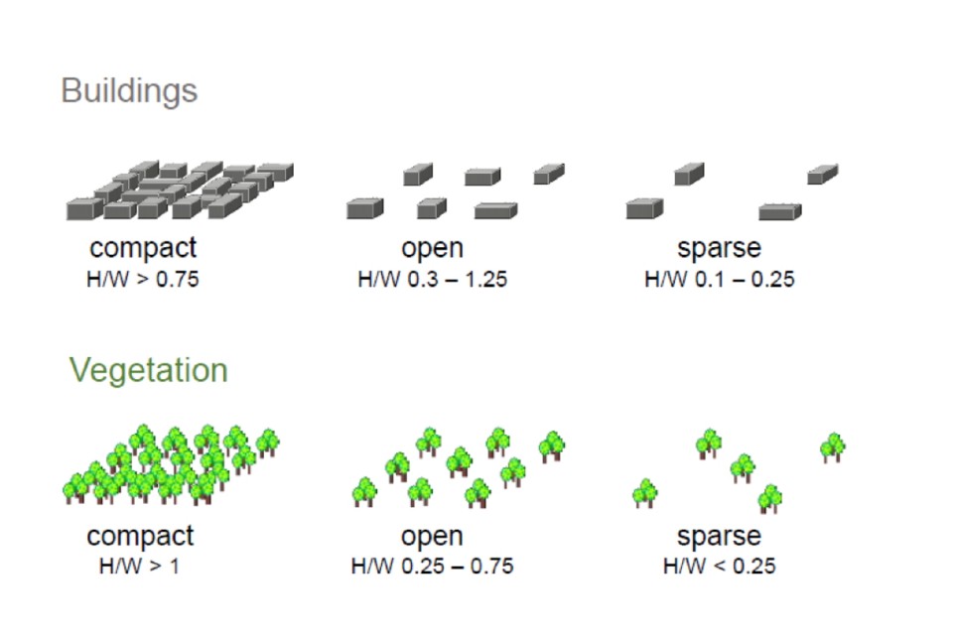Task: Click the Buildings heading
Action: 129,90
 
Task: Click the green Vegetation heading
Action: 148,370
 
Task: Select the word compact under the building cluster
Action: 143,247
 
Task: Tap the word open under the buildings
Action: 432,247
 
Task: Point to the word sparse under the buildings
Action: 719,247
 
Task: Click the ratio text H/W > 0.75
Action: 143,279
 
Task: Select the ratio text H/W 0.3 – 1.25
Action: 432,279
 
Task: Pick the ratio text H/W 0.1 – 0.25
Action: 719,279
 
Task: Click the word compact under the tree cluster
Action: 140,536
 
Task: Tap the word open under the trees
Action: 432,536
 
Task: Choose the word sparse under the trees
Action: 719,536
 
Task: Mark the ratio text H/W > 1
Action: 140,567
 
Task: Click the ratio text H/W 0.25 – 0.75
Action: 432,567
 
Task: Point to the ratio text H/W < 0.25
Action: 719,567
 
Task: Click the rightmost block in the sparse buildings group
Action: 822,175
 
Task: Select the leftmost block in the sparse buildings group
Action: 644,208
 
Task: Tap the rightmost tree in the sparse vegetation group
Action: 832,447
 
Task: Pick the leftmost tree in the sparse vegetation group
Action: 646,493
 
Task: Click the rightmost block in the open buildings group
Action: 548,174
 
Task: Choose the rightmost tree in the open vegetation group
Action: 551,446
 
